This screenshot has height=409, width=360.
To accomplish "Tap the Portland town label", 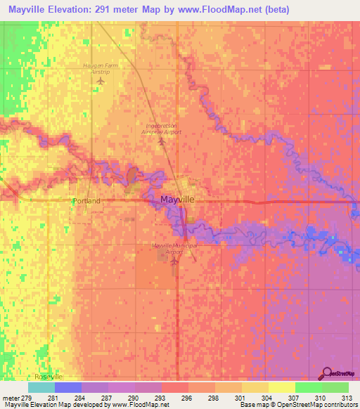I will [x=86, y=201].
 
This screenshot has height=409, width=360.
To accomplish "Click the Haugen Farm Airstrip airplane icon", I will [x=101, y=80].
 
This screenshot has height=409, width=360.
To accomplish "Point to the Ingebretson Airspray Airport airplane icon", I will [x=162, y=143].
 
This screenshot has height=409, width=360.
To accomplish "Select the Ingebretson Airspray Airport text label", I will [x=162, y=129].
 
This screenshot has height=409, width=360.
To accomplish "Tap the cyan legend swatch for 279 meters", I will [x=41, y=387].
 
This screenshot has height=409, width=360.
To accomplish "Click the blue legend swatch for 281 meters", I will [x=67, y=387].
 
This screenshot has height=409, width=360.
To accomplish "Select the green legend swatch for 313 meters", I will [x=335, y=387].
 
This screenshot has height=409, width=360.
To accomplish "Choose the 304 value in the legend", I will [x=247, y=398].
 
